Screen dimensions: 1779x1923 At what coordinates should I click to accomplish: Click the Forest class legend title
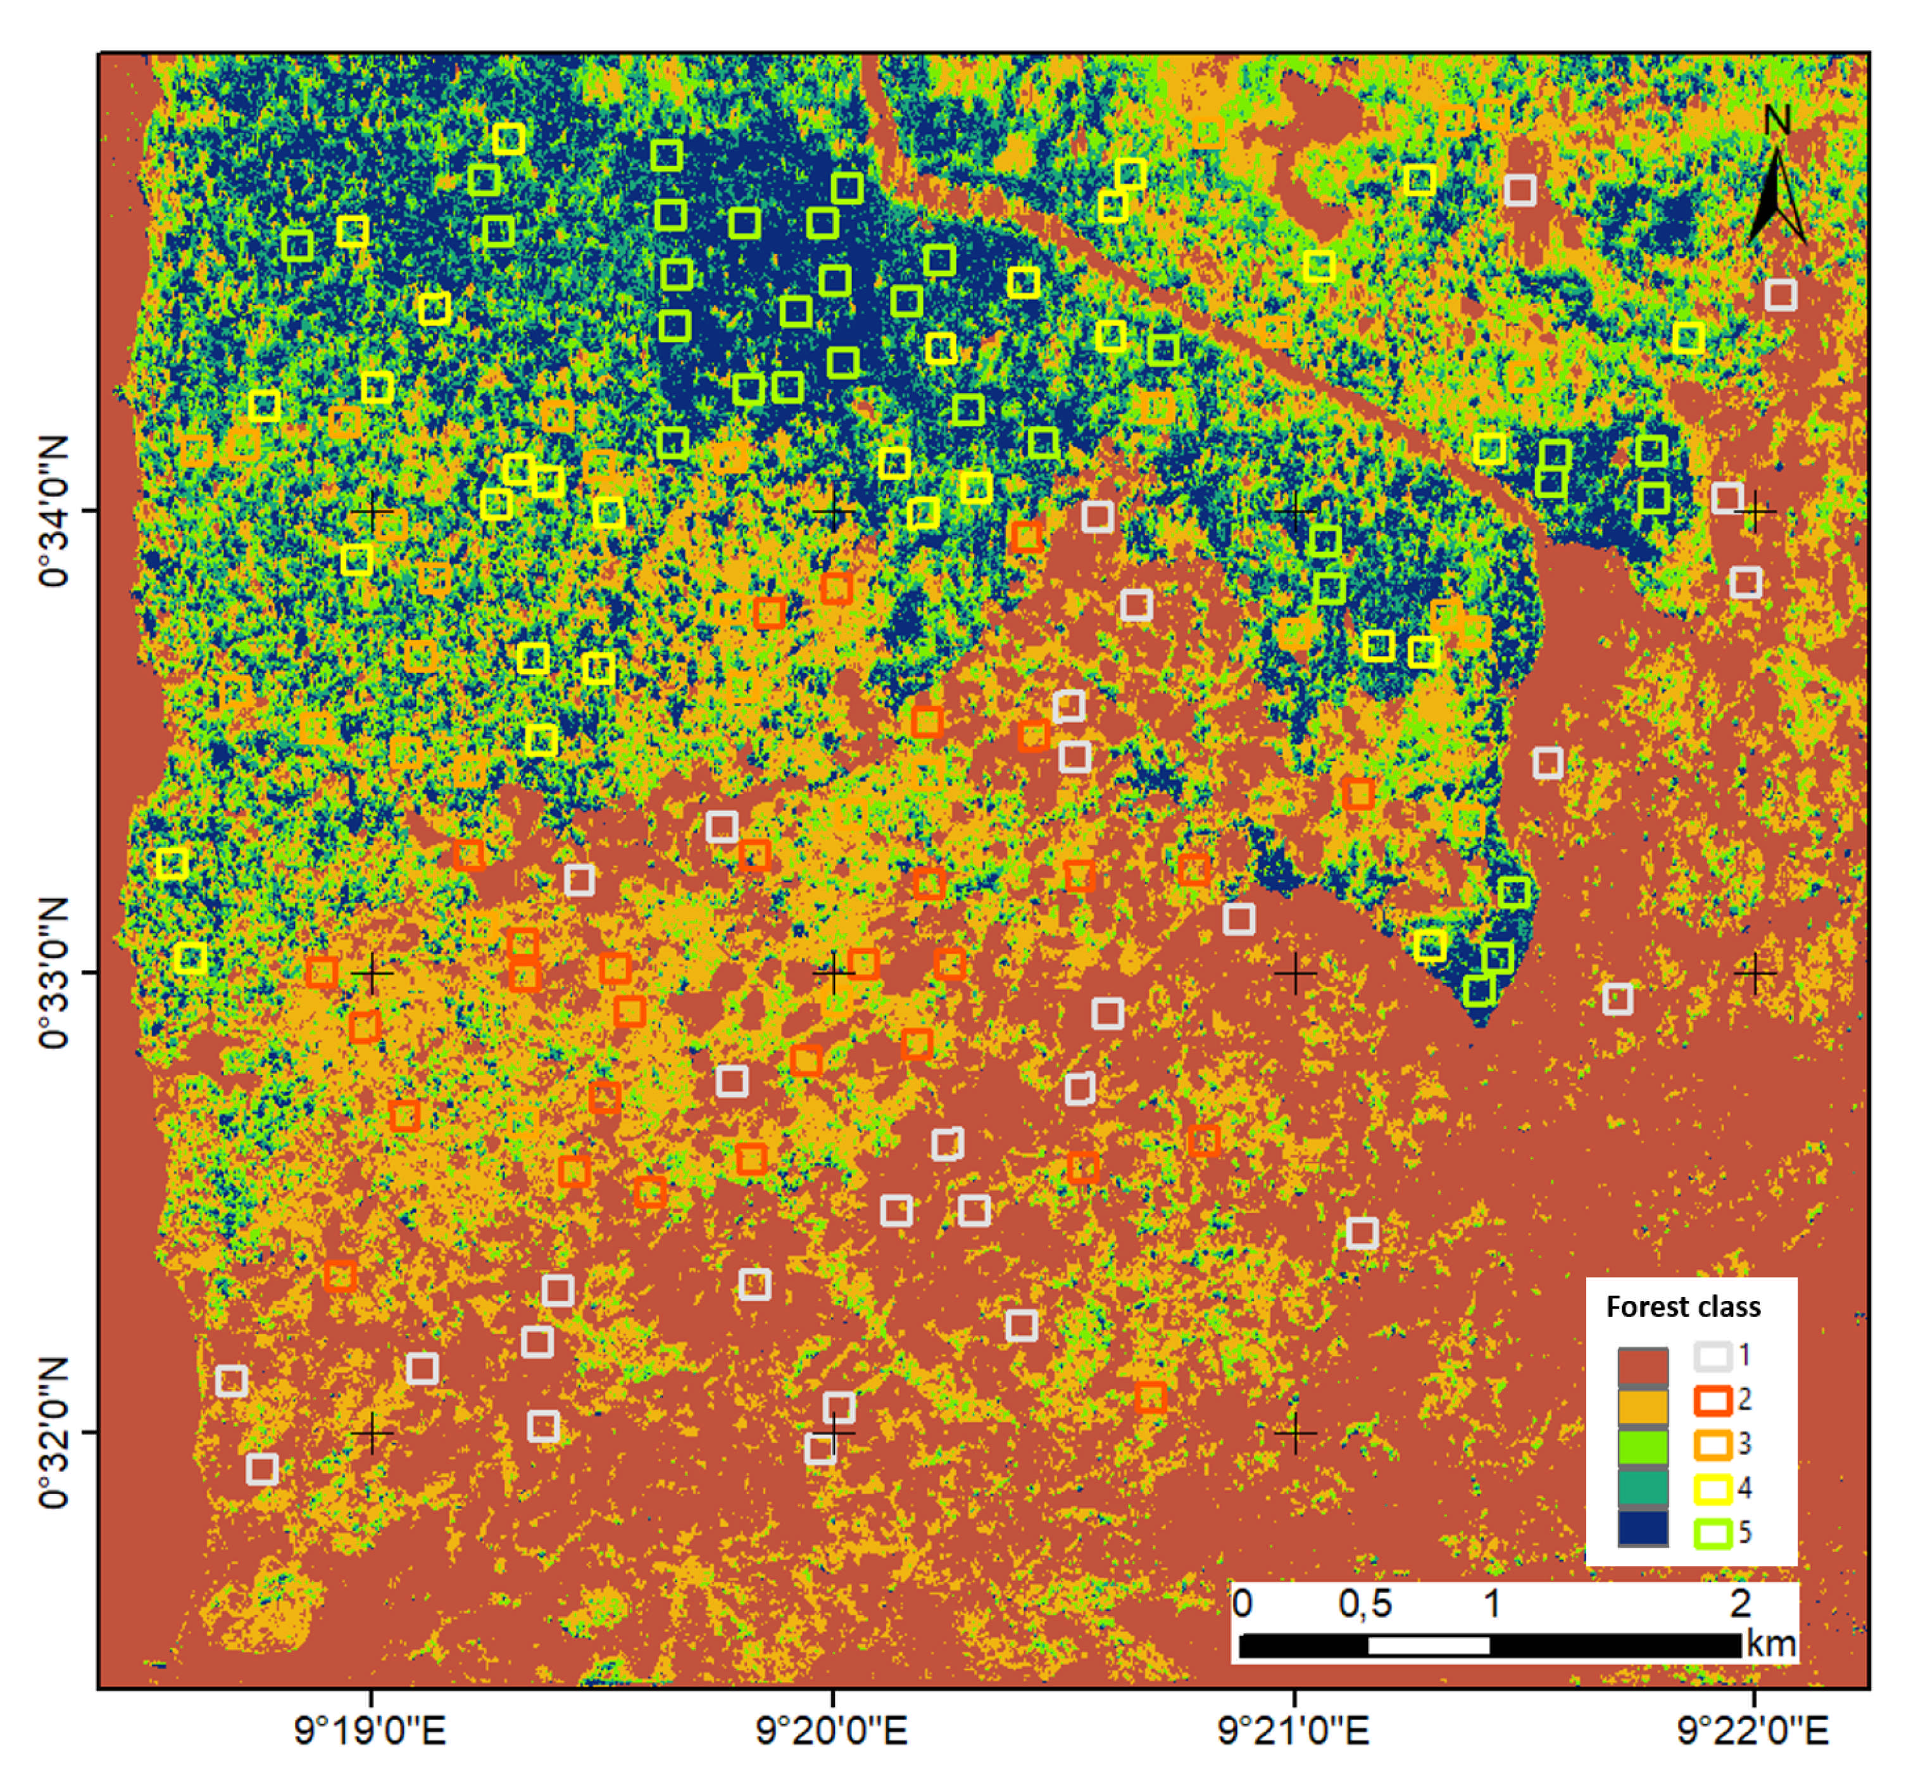click(1682, 1306)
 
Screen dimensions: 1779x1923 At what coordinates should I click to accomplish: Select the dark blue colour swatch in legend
click(1642, 1529)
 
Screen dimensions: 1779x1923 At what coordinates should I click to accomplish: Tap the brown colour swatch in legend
click(1642, 1366)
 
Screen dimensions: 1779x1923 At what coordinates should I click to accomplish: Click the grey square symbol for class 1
click(1712, 1356)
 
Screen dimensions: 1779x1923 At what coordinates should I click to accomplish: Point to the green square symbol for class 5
click(1712, 1533)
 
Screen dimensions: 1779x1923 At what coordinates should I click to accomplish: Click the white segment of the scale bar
click(1427, 1645)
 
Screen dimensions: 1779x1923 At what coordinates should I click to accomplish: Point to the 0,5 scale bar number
click(1364, 1604)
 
